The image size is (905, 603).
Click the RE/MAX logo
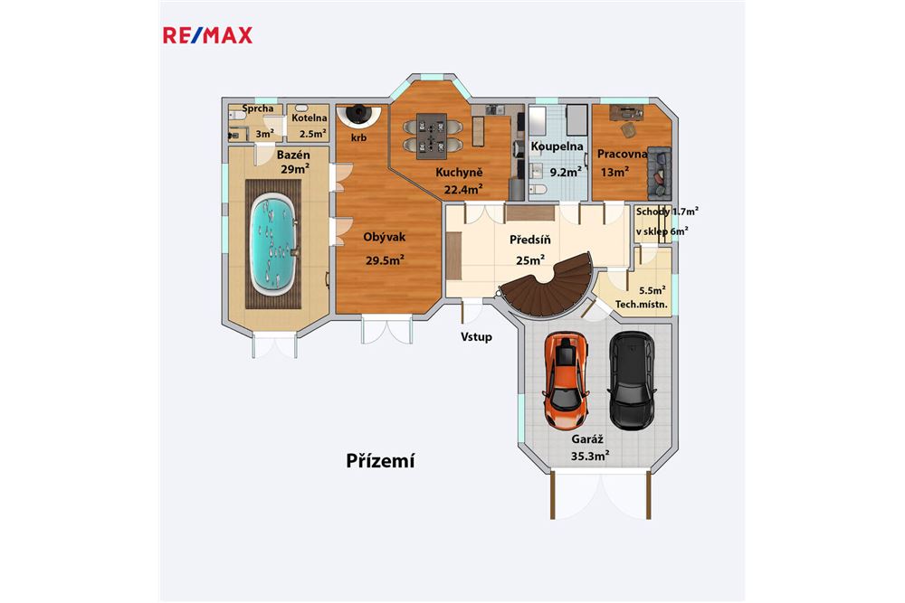tap(207, 35)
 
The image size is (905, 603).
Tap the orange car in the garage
tap(565, 382)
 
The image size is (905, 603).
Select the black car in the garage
tap(631, 381)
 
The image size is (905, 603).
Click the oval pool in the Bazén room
tap(274, 242)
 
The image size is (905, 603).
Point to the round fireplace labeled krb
tap(359, 115)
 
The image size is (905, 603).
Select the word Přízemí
tap(380, 461)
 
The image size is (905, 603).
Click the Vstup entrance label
tap(476, 337)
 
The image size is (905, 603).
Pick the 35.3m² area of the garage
tap(590, 457)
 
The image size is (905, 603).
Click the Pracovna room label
tap(622, 154)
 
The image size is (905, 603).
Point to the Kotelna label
tap(309, 118)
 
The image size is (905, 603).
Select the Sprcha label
tap(258, 109)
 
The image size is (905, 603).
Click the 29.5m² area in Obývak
tap(384, 259)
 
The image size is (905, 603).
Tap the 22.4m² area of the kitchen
tap(462, 189)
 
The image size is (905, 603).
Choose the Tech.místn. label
tap(642, 305)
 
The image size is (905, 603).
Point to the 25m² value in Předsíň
tap(531, 259)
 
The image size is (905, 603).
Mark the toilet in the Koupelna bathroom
tap(539, 188)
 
